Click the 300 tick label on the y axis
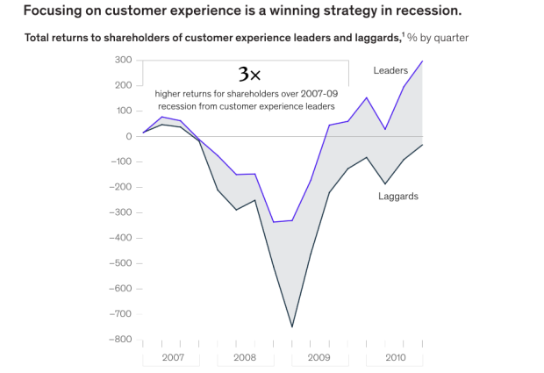(122, 60)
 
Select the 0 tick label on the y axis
(127, 136)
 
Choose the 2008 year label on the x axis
(245, 357)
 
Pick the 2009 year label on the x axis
(319, 357)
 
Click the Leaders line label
(390, 70)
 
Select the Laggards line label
(398, 196)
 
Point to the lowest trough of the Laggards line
(291, 327)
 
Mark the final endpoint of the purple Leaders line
(422, 61)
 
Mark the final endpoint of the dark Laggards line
(422, 145)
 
